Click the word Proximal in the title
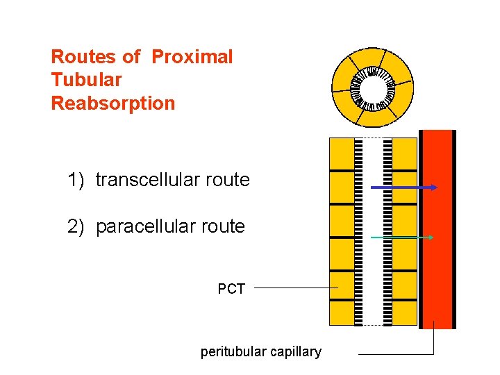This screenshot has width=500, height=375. click(192, 57)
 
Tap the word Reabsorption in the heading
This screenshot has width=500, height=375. click(113, 103)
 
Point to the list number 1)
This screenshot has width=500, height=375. click(76, 181)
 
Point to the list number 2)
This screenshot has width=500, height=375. click(76, 226)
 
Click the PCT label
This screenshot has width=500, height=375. click(231, 289)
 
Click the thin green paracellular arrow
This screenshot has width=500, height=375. click(401, 237)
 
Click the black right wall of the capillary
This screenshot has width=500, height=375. click(454, 229)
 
